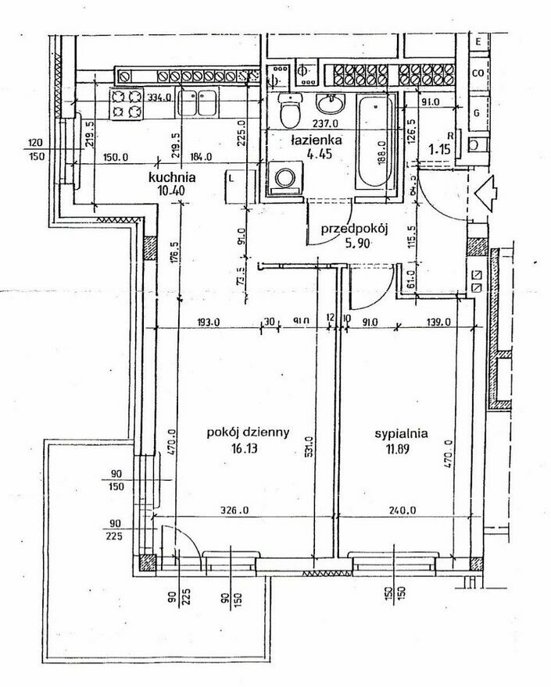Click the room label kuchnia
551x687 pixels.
click(x=172, y=177)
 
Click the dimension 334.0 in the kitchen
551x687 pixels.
click(x=159, y=98)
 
